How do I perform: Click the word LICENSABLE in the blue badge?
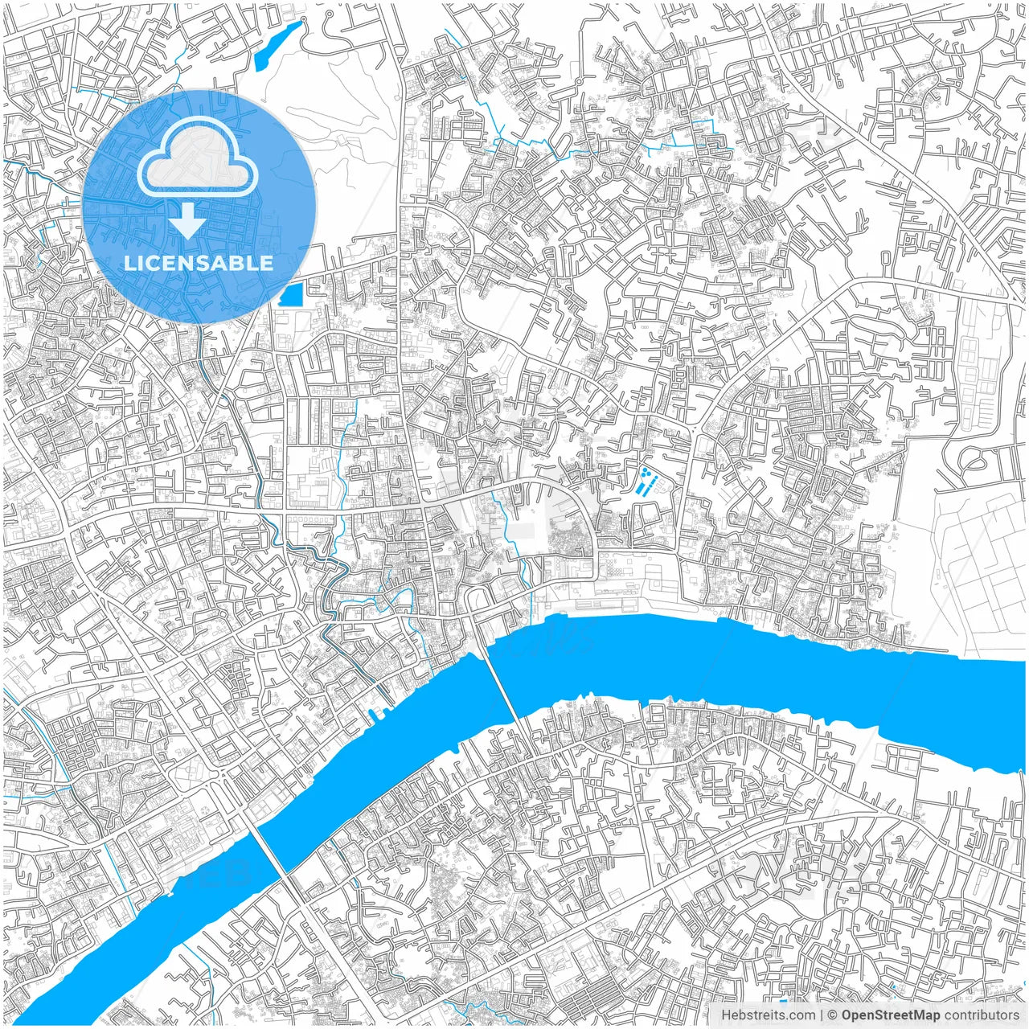point(199,263)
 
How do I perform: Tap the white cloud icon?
point(198,159)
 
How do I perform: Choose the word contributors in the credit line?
point(982,1015)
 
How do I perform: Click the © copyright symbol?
point(833,1015)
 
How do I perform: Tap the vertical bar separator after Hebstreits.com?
point(821,1015)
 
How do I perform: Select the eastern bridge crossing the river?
point(504,683)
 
